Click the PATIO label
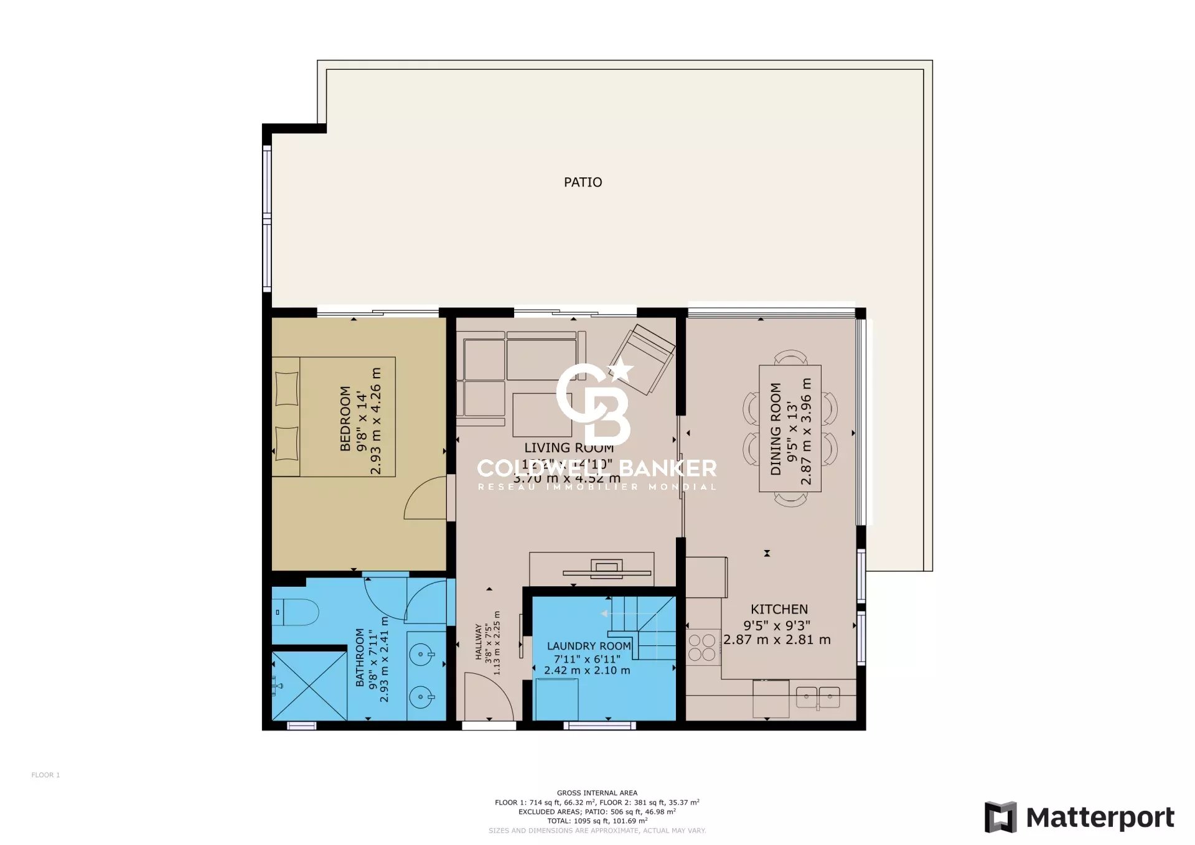pyautogui.click(x=583, y=182)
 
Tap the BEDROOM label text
pyautogui.click(x=345, y=418)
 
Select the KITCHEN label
pyautogui.click(x=779, y=609)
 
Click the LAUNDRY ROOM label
pyautogui.click(x=589, y=647)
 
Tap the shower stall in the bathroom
pyautogui.click(x=309, y=686)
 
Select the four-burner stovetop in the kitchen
pyautogui.click(x=702, y=647)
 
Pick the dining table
pyautogui.click(x=790, y=428)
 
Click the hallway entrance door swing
pyautogui.click(x=489, y=697)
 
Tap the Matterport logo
pyautogui.click(x=1079, y=817)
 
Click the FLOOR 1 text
pyautogui.click(x=45, y=775)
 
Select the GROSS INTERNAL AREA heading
pyautogui.click(x=597, y=793)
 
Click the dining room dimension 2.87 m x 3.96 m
pyautogui.click(x=806, y=431)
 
